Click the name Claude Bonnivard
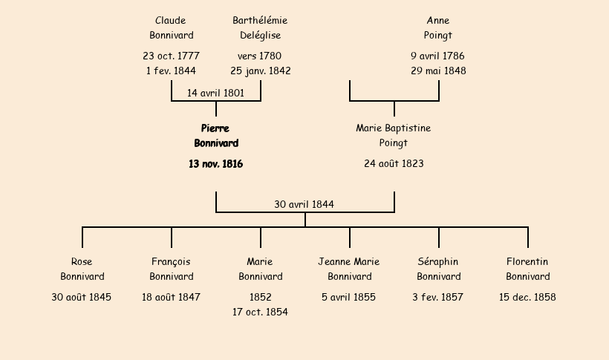pyautogui.click(x=171, y=28)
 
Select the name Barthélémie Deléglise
pyautogui.click(x=260, y=28)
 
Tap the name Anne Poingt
pyautogui.click(x=438, y=28)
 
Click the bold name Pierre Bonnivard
pyautogui.click(x=216, y=136)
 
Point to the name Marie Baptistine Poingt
pyautogui.click(x=394, y=136)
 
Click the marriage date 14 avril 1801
pyautogui.click(x=215, y=94)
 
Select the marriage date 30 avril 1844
pyautogui.click(x=304, y=205)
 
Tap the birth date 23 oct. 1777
pyautogui.click(x=171, y=56)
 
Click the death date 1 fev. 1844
pyautogui.click(x=171, y=71)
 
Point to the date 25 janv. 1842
pyautogui.click(x=260, y=71)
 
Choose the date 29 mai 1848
pyautogui.click(x=438, y=71)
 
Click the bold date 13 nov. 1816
pyautogui.click(x=215, y=164)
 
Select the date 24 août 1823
pyautogui.click(x=394, y=164)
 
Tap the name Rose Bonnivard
pyautogui.click(x=82, y=269)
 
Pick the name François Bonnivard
pyautogui.click(x=171, y=269)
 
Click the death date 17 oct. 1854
pyautogui.click(x=260, y=312)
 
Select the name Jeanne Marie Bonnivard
pyautogui.click(x=349, y=269)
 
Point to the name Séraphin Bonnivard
pyautogui.click(x=438, y=269)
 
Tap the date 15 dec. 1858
pyautogui.click(x=527, y=298)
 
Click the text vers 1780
pyautogui.click(x=260, y=56)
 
